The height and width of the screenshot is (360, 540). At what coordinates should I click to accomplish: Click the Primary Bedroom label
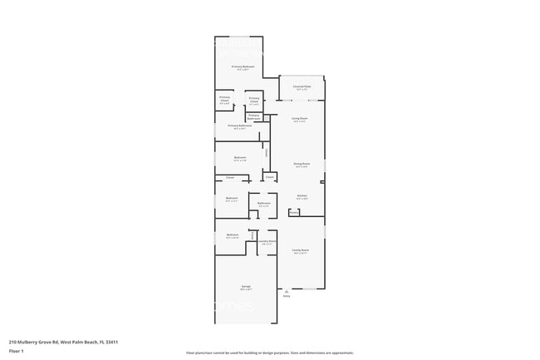coord(243,67)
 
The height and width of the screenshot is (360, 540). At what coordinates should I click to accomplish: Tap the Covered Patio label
coord(302,86)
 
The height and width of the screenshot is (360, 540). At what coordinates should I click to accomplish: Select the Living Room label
coord(300,119)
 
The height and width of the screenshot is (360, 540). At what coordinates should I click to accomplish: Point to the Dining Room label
coord(301,164)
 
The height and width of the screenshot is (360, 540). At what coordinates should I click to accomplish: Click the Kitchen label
coord(302,196)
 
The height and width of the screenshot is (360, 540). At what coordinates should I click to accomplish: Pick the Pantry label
coord(294,212)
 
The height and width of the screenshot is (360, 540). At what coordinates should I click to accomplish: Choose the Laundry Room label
coord(266,241)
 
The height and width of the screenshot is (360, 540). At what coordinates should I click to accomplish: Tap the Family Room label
coord(300,249)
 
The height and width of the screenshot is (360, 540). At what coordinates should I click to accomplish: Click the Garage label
coord(246,286)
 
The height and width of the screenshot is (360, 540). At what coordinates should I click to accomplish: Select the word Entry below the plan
coord(287,297)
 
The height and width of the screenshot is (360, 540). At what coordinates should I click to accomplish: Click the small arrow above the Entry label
coord(287,291)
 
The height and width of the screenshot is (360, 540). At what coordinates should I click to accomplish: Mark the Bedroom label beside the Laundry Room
coord(233,234)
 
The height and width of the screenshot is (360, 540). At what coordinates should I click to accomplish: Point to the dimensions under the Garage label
coord(246,289)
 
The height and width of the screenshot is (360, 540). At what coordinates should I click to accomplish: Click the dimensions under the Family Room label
coord(300,253)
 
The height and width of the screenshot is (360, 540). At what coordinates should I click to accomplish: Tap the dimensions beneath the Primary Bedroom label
coord(243,70)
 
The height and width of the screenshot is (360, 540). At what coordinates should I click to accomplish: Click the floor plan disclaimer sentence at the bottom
coord(269,353)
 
